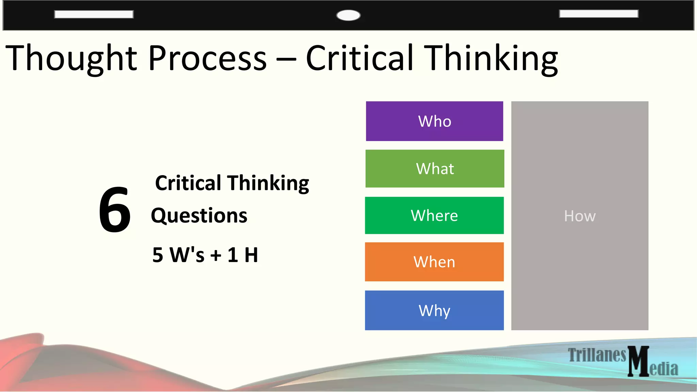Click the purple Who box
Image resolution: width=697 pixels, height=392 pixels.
pos(434,121)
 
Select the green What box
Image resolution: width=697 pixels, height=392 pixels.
pos(435,168)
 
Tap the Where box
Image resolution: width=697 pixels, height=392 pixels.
pos(434,215)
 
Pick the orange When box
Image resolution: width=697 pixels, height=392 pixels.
pos(434,262)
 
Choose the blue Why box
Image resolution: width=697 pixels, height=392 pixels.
pos(434,310)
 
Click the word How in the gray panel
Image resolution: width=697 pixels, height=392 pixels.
pos(580,216)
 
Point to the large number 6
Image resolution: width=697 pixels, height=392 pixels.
pos(115,210)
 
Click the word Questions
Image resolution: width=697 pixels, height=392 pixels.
pos(199,216)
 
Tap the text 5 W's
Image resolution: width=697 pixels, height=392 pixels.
pos(178,255)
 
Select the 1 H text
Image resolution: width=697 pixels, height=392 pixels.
pos(243,255)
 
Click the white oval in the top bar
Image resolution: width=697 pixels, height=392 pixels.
pos(348,15)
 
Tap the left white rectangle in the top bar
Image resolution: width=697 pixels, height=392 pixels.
pos(94,14)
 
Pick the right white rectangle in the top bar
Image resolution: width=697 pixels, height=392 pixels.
pos(599,14)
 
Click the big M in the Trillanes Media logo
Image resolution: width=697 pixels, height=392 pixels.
pos(638,361)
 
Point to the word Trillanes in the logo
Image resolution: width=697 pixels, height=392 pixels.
pos(597,355)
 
